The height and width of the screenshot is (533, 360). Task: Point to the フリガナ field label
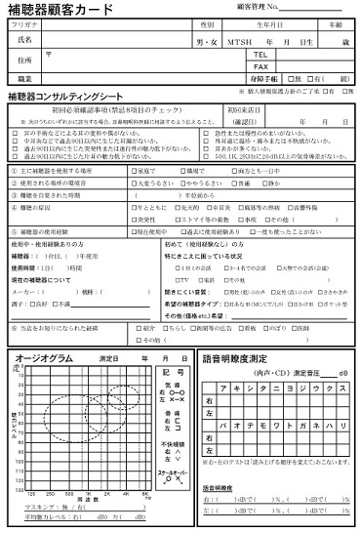coord(26,23)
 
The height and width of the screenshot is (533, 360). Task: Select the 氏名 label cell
coord(25,41)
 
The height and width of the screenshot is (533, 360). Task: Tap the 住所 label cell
coord(25,61)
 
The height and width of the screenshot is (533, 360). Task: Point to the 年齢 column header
coord(336,23)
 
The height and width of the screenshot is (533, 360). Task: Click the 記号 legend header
coord(176,375)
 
